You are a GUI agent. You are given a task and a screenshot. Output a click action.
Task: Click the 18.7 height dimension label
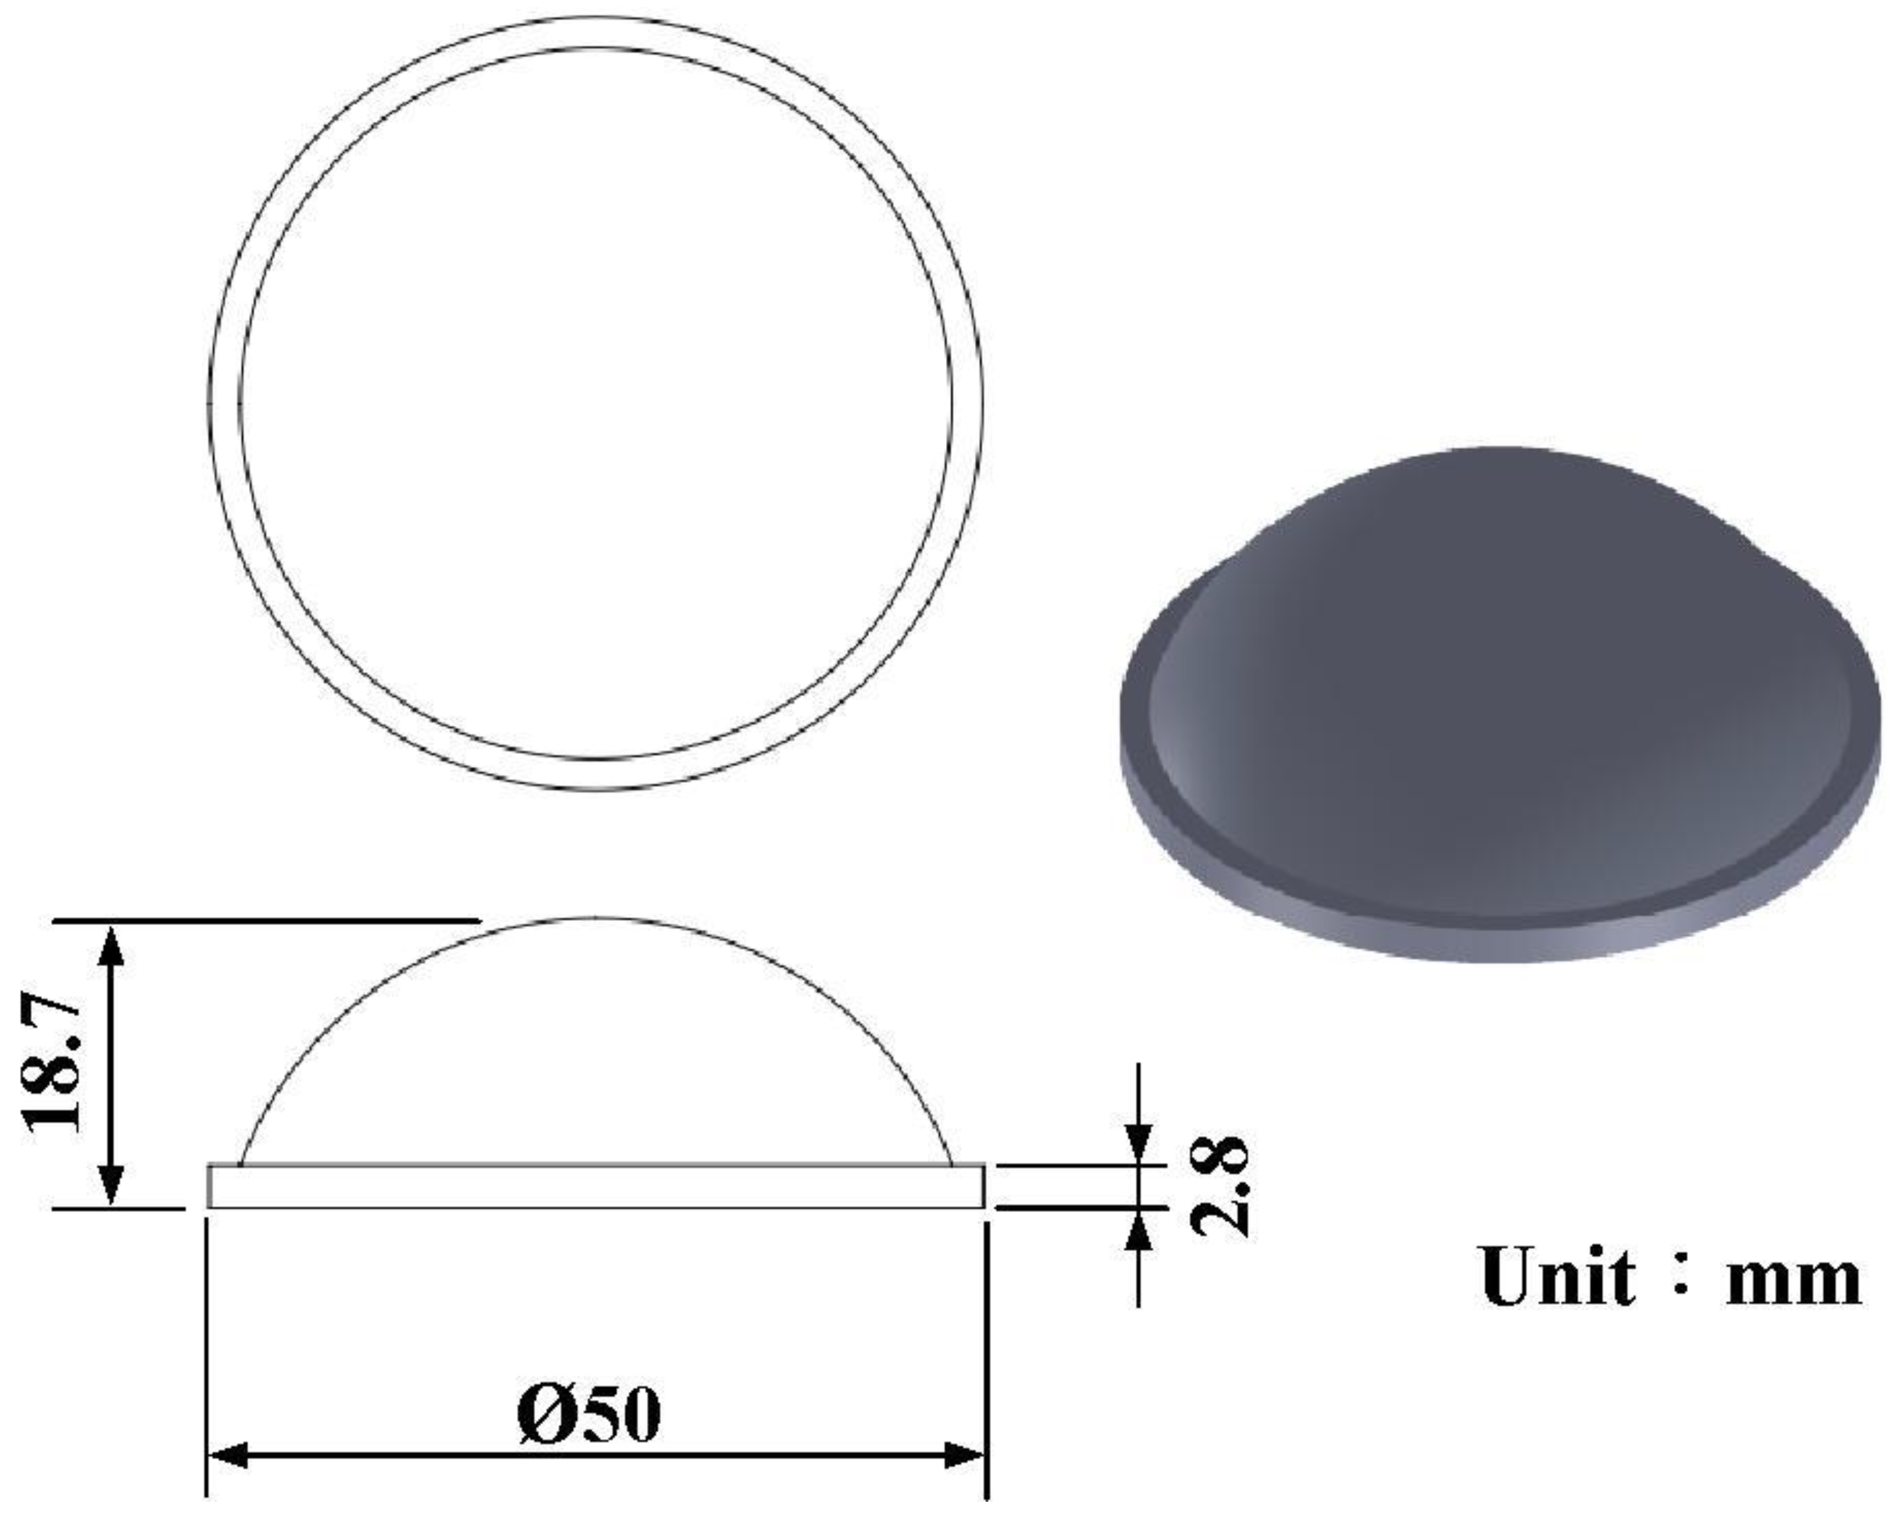click(53, 1063)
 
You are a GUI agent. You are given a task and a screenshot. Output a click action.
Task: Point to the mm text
click(1794, 1281)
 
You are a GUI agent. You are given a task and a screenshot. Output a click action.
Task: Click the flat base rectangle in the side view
click(595, 1186)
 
